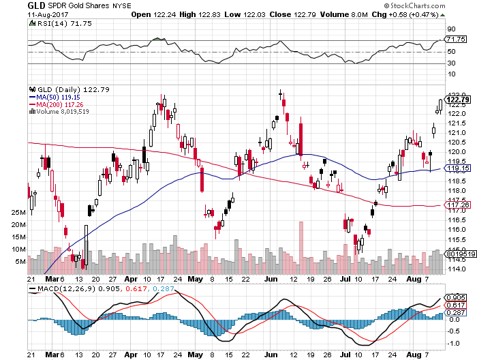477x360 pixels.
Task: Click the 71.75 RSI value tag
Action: (x=453, y=40)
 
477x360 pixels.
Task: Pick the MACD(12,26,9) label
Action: (x=67, y=289)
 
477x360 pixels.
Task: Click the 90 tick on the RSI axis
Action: (x=450, y=29)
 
